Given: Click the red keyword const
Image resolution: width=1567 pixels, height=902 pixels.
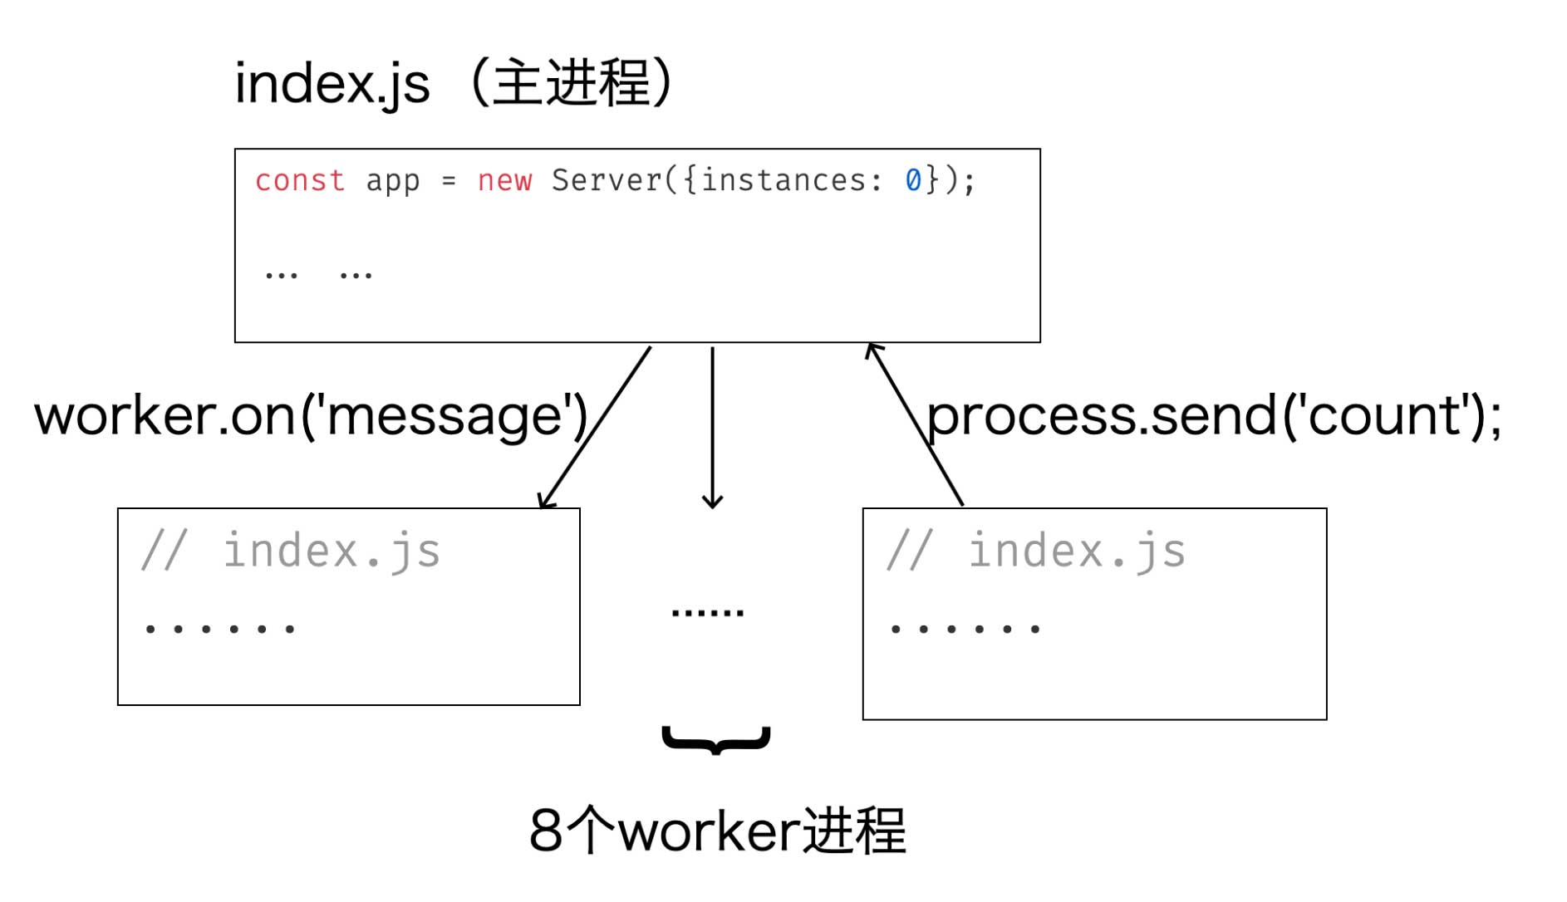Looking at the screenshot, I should pos(299,180).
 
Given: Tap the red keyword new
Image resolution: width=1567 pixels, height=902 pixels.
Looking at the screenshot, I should pos(504,180).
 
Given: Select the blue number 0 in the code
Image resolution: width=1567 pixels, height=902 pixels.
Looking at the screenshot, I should pos(912,180).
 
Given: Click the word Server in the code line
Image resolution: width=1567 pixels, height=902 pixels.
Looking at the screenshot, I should pos(606,180).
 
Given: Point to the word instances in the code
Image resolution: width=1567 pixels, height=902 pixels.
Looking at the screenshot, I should pos(783,180).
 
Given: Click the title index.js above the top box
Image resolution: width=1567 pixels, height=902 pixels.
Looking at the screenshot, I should pos(332,84).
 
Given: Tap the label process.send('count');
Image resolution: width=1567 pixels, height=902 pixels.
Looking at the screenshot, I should pos(1213,414).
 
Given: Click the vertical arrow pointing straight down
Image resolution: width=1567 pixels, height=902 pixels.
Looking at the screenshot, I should pos(712,428).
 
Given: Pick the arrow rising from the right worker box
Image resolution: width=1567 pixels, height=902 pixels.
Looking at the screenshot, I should pos(914,424).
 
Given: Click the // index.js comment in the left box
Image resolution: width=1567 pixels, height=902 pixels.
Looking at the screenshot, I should pos(291,551).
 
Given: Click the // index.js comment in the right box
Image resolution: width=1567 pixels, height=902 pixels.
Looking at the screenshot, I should pos(1036,551).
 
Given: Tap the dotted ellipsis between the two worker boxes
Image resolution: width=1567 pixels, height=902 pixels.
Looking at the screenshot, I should pos(707,613).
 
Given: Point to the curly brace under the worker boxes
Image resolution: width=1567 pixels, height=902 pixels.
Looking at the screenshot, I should pos(716,739).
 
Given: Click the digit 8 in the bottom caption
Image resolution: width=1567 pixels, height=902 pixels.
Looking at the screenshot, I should pos(546,830).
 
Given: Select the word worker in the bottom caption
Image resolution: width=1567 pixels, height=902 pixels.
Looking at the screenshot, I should pos(709,830).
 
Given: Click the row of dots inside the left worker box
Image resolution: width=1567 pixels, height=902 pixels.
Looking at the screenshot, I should pos(220,629).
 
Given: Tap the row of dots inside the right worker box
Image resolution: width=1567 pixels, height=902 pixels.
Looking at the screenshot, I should pos(965,629).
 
